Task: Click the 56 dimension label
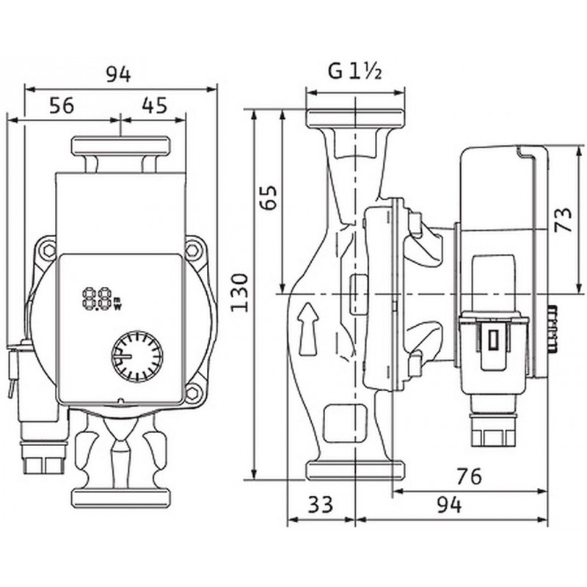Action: [62, 106]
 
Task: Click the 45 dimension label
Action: [153, 106]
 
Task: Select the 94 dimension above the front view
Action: [119, 74]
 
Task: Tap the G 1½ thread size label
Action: [354, 72]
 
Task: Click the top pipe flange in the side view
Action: [355, 120]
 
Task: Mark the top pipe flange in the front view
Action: [120, 146]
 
